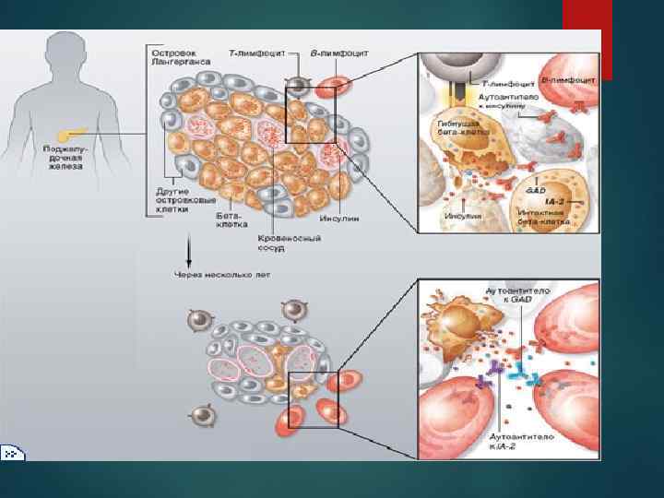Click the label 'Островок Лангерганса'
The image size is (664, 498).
click(x=177, y=56)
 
